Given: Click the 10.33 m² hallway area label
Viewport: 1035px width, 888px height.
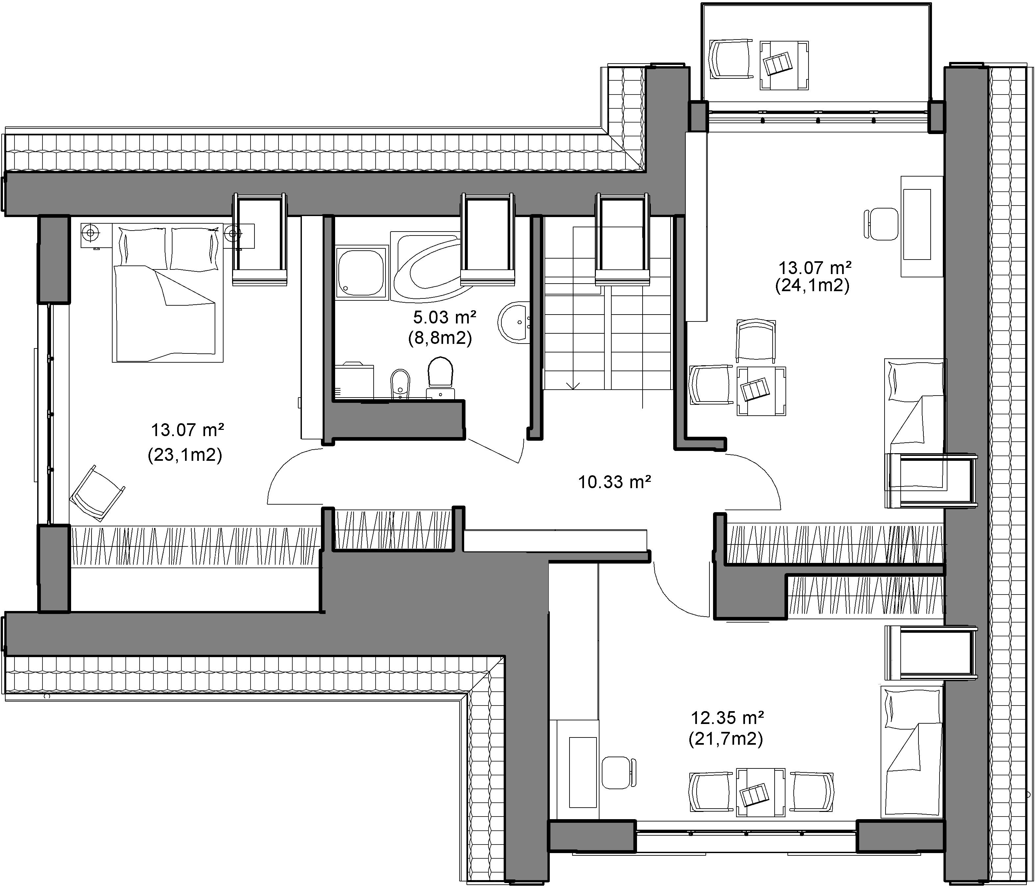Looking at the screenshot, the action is pyautogui.click(x=614, y=482).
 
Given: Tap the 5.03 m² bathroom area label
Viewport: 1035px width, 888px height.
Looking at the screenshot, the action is pyautogui.click(x=444, y=317).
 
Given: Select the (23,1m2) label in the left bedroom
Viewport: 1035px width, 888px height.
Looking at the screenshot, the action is pyautogui.click(x=185, y=455).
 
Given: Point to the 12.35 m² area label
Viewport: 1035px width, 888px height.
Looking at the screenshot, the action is pyautogui.click(x=727, y=718).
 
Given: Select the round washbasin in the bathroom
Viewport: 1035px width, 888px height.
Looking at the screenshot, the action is pyautogui.click(x=515, y=322).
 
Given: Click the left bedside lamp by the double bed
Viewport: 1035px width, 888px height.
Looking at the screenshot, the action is pyautogui.click(x=90, y=232).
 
